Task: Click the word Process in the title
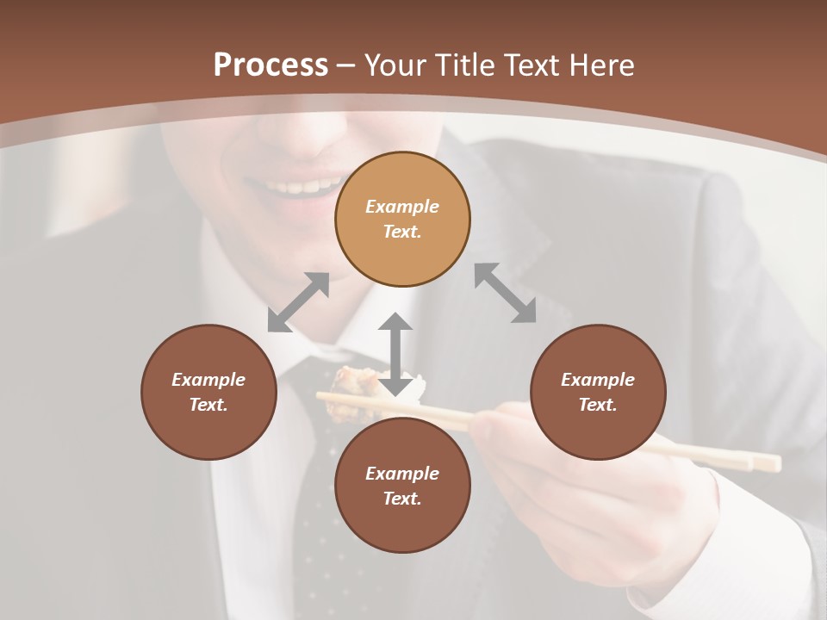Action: tap(270, 65)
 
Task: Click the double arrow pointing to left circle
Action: tap(298, 302)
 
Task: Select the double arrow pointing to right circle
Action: tap(506, 293)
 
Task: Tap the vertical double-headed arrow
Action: tap(395, 354)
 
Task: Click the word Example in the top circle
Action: tap(402, 207)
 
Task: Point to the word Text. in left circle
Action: tap(208, 405)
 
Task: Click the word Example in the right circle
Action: tap(598, 380)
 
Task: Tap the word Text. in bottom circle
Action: tap(402, 499)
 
